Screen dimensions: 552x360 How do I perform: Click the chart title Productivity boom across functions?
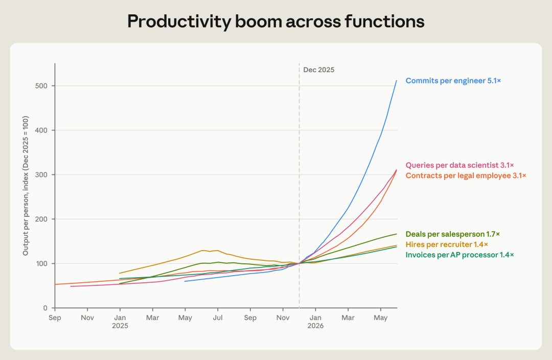point(275,21)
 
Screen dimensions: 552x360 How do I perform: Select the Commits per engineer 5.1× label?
point(453,81)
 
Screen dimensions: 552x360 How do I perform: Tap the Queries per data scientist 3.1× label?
point(460,165)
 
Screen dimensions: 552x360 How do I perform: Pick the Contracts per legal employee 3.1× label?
point(466,175)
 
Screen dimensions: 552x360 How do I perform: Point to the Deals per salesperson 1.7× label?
point(453,234)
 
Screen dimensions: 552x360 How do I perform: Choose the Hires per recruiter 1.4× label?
point(447,244)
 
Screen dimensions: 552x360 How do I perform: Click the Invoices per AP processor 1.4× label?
point(460,255)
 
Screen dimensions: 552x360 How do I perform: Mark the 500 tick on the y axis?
point(41,86)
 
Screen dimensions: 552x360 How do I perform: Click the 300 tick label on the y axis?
point(41,175)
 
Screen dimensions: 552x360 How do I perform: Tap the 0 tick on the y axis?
point(45,308)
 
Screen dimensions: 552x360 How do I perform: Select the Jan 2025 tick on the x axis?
point(120,322)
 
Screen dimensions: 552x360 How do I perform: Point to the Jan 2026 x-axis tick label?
point(315,322)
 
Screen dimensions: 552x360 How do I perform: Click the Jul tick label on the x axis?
point(218,318)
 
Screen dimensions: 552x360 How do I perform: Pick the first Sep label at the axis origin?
point(55,318)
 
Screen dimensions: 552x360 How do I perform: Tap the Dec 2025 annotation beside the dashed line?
point(318,70)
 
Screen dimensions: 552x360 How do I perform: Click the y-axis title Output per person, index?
point(26,186)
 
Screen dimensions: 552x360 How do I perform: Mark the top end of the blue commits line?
point(397,81)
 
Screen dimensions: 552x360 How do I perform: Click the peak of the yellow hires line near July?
point(203,251)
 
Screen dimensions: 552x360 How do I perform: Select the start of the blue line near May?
point(185,281)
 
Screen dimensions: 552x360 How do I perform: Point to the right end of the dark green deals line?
point(397,234)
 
